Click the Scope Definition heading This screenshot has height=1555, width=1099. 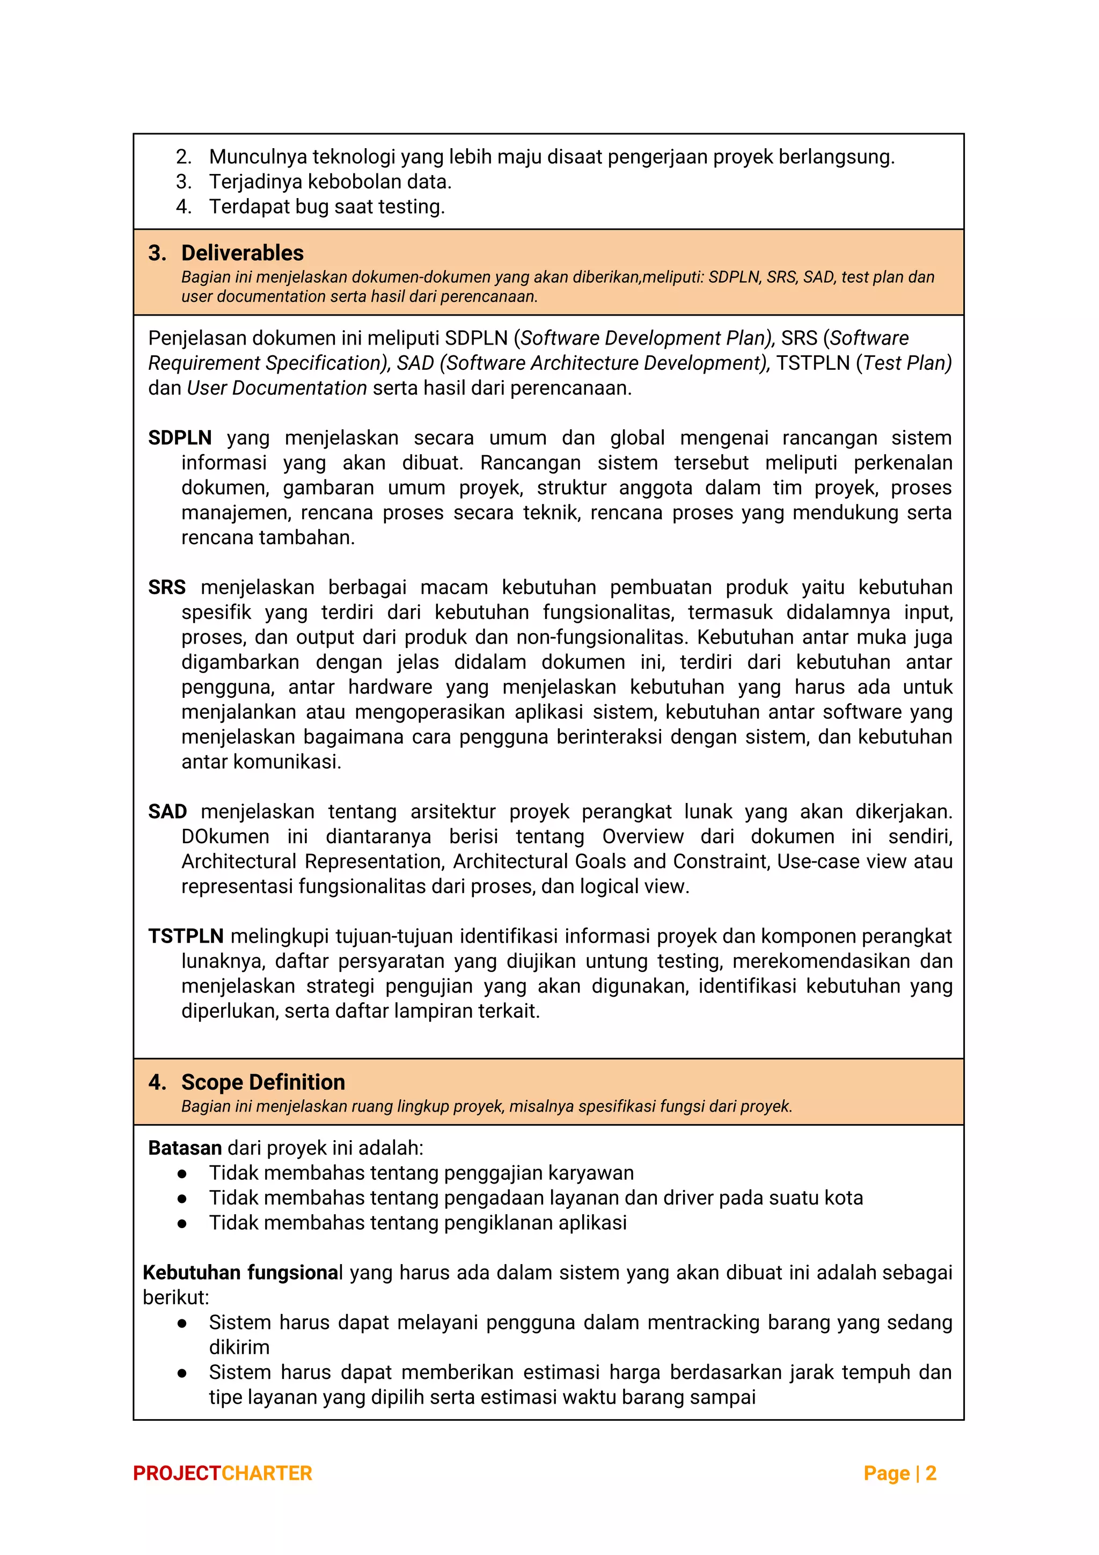coord(263,1082)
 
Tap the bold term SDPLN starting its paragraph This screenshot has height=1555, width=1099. coord(179,437)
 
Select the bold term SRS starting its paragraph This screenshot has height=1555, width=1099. coord(166,587)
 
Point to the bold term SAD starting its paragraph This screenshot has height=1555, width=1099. coord(167,812)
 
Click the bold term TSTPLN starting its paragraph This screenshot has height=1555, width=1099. coord(186,936)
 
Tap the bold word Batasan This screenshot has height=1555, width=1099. coord(185,1148)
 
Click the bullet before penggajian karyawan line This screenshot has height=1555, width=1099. coord(181,1174)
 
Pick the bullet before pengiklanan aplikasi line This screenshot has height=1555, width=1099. coord(181,1223)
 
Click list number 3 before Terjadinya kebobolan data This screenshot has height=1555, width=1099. coord(183,181)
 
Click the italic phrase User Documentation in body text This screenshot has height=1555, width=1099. coord(276,388)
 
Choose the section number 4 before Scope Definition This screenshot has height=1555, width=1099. coord(156,1082)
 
